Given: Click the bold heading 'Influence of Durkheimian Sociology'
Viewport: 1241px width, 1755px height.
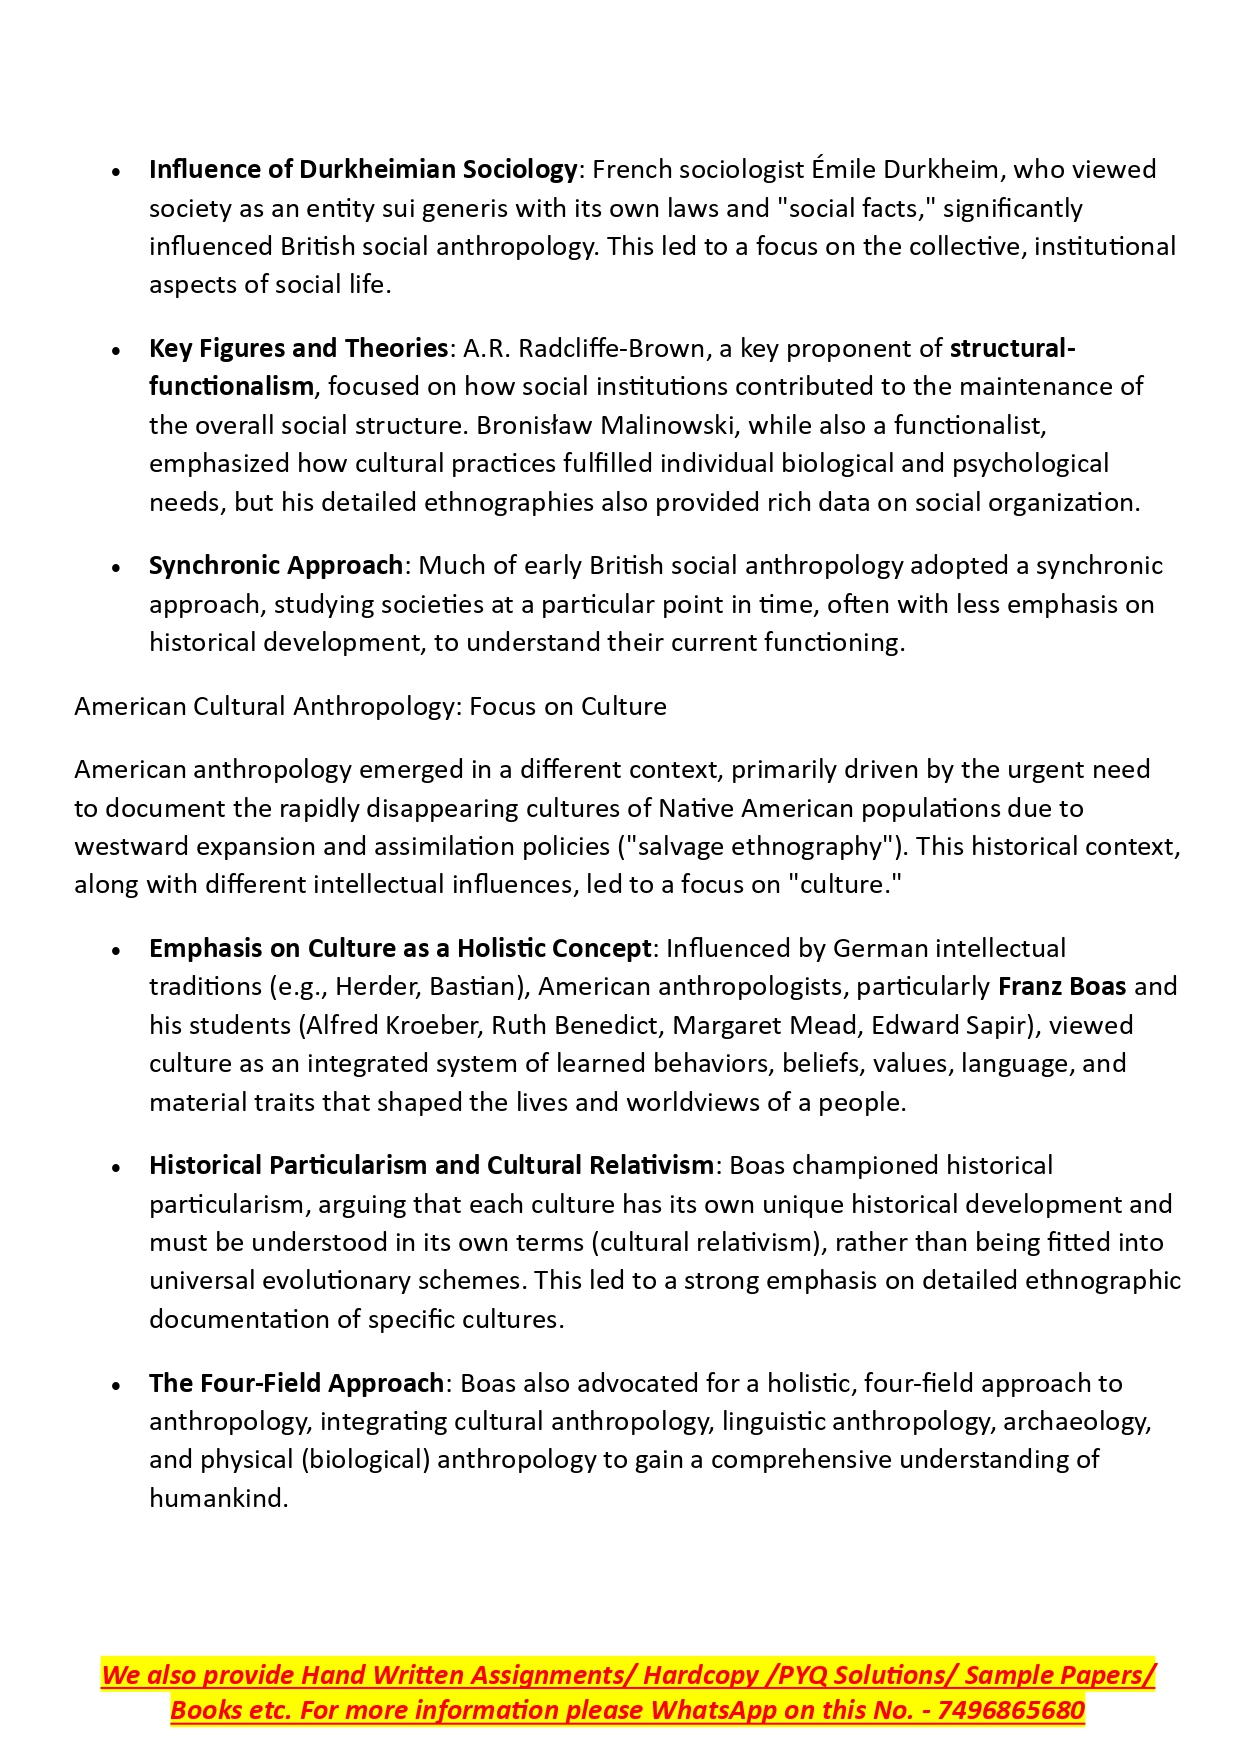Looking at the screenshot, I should (363, 170).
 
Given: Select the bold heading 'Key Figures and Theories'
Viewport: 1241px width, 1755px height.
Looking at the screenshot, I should (298, 349).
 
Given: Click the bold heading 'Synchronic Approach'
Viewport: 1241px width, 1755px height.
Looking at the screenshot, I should (276, 566).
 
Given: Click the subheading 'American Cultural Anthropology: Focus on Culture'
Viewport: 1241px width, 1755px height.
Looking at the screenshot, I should (370, 707).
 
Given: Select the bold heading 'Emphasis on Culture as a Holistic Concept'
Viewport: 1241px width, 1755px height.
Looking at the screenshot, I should (400, 949).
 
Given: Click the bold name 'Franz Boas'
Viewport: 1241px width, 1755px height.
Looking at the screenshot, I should (1062, 987).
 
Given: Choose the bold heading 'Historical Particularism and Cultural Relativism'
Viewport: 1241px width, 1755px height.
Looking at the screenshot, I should (431, 1166).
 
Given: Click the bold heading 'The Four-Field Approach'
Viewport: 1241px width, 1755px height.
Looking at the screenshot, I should (296, 1384).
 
